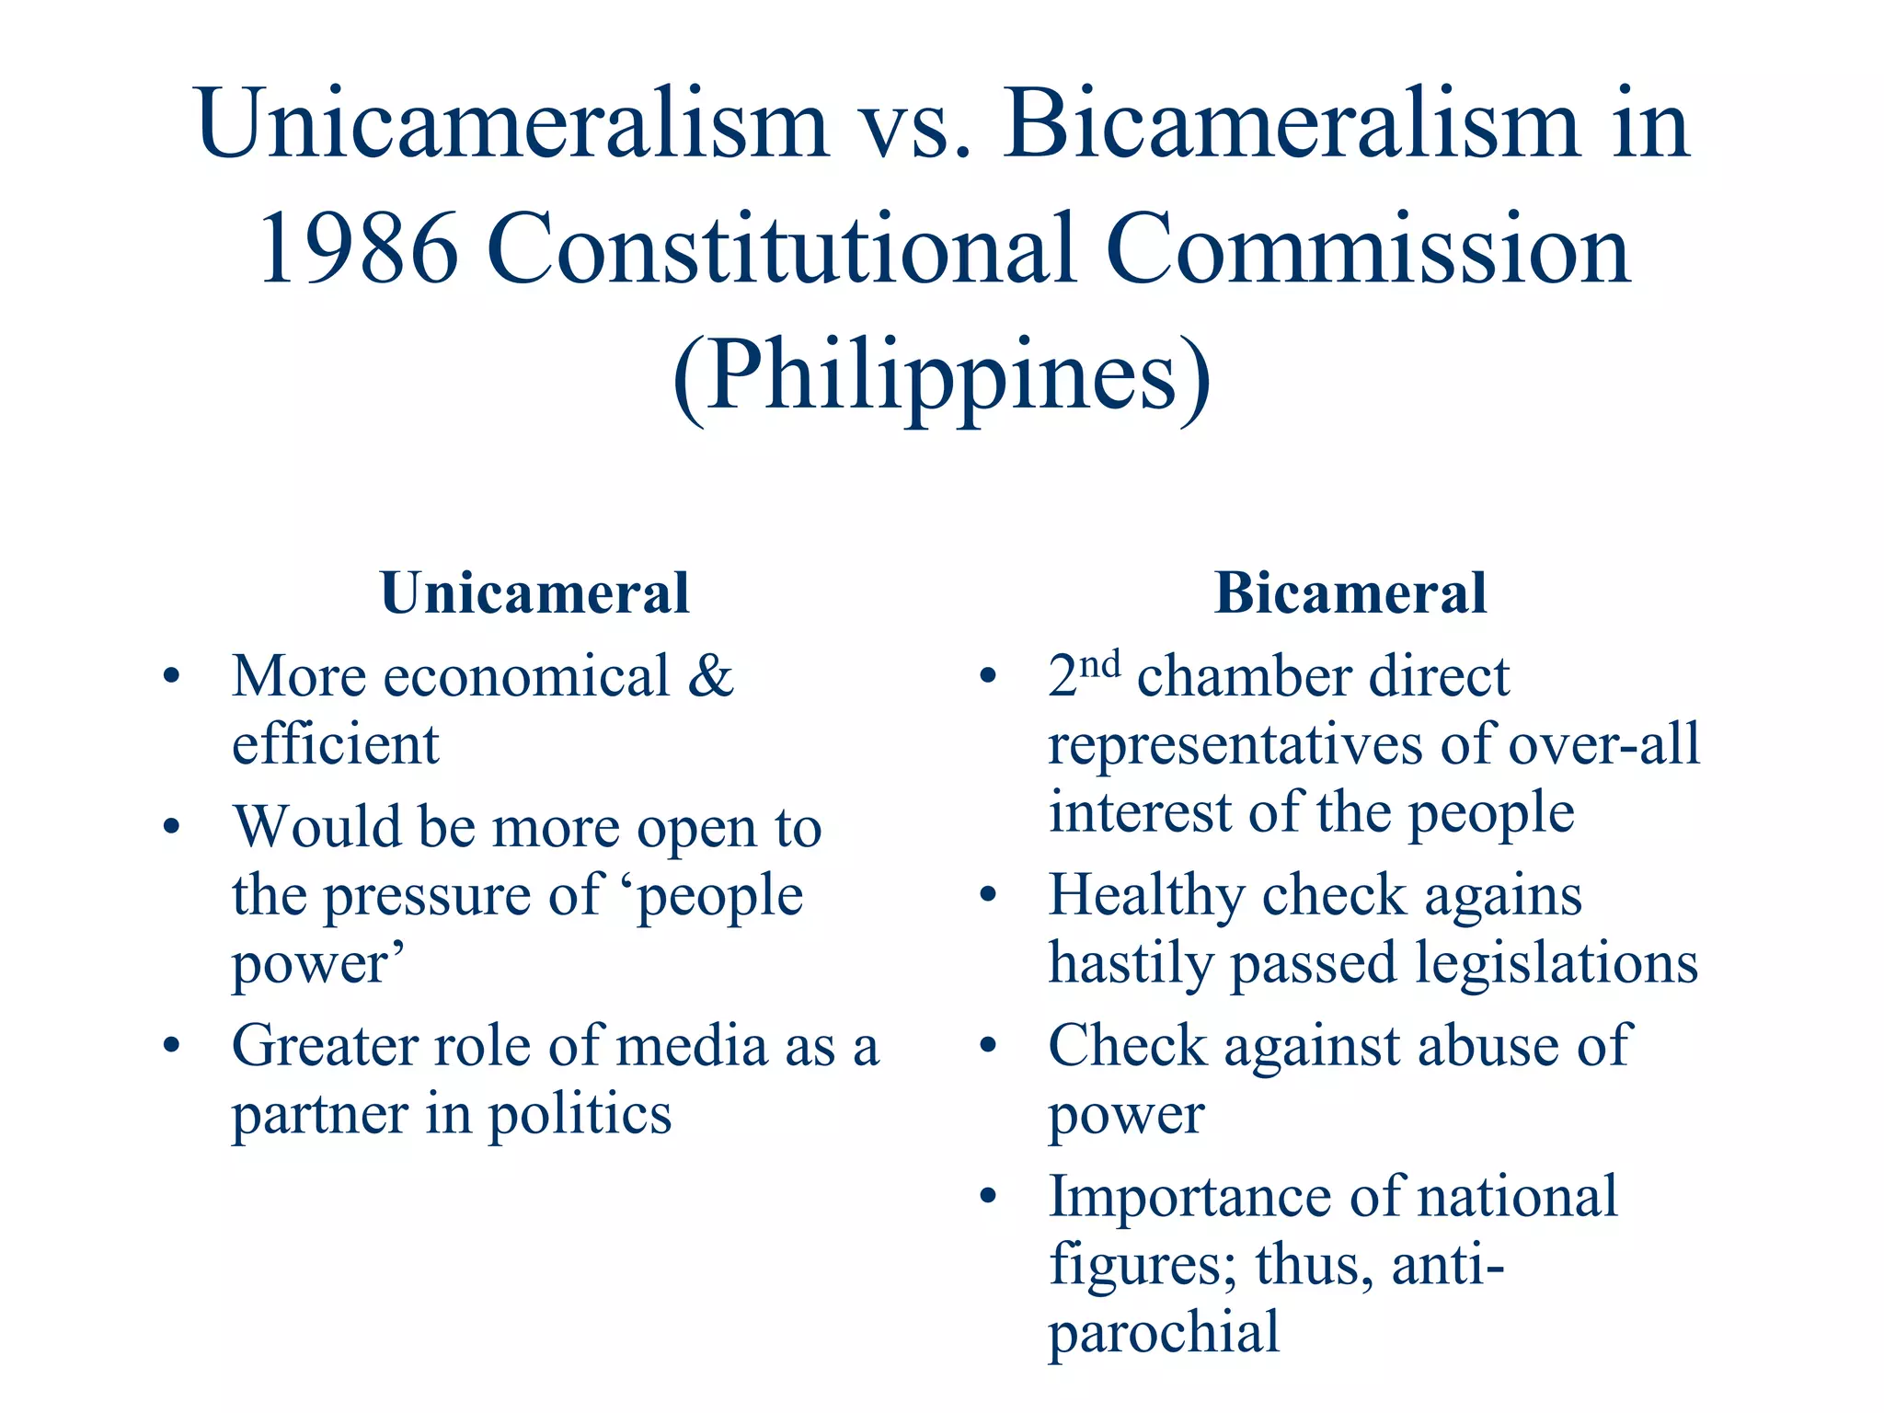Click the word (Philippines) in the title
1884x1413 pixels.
coord(941,377)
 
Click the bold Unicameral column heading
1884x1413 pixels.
coord(534,593)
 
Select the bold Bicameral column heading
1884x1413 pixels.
coord(1350,593)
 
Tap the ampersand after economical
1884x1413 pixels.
coord(711,676)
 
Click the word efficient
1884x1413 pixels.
coord(335,744)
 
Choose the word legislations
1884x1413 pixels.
coord(1556,964)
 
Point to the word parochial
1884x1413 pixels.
coord(1164,1333)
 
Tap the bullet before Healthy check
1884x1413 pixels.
coord(988,894)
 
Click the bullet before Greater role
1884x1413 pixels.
coord(171,1045)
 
